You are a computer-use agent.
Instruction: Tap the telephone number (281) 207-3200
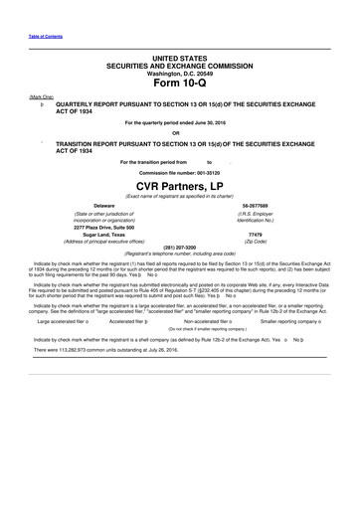pyautogui.click(x=179, y=247)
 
